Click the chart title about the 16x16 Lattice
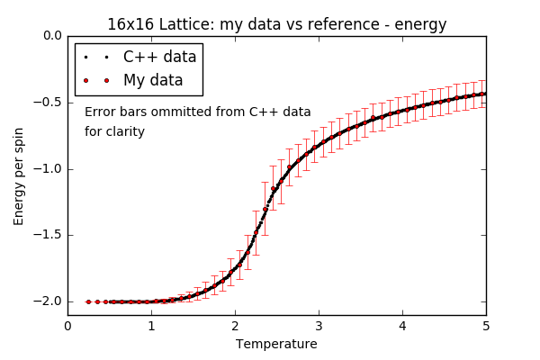pyautogui.click(x=276, y=24)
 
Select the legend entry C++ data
pyautogui.click(x=159, y=57)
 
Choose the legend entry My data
pyautogui.click(x=153, y=80)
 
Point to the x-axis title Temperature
pyautogui.click(x=276, y=344)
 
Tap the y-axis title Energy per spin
pyautogui.click(x=19, y=175)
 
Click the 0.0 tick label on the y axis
pyautogui.click(x=52, y=36)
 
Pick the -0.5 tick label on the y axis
pyautogui.click(x=49, y=103)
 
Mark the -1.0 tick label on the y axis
pyautogui.click(x=49, y=169)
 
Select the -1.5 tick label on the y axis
pyautogui.click(x=49, y=236)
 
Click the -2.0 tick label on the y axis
pyautogui.click(x=49, y=302)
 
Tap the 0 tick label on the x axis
pyautogui.click(x=67, y=326)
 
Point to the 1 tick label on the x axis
pyautogui.click(x=151, y=326)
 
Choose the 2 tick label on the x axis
pyautogui.click(x=235, y=326)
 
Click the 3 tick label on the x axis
pyautogui.click(x=319, y=326)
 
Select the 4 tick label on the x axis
pyautogui.click(x=402, y=326)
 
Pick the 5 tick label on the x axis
pyautogui.click(x=486, y=326)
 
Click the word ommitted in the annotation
pyautogui.click(x=190, y=112)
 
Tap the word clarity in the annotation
pyautogui.click(x=127, y=132)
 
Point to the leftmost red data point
pyautogui.click(x=88, y=301)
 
